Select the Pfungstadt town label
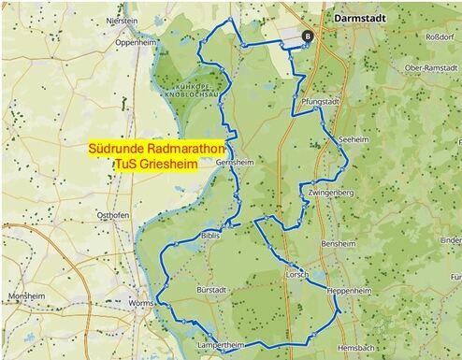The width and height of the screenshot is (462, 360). (x=321, y=99)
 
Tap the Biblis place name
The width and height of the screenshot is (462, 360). (x=210, y=237)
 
